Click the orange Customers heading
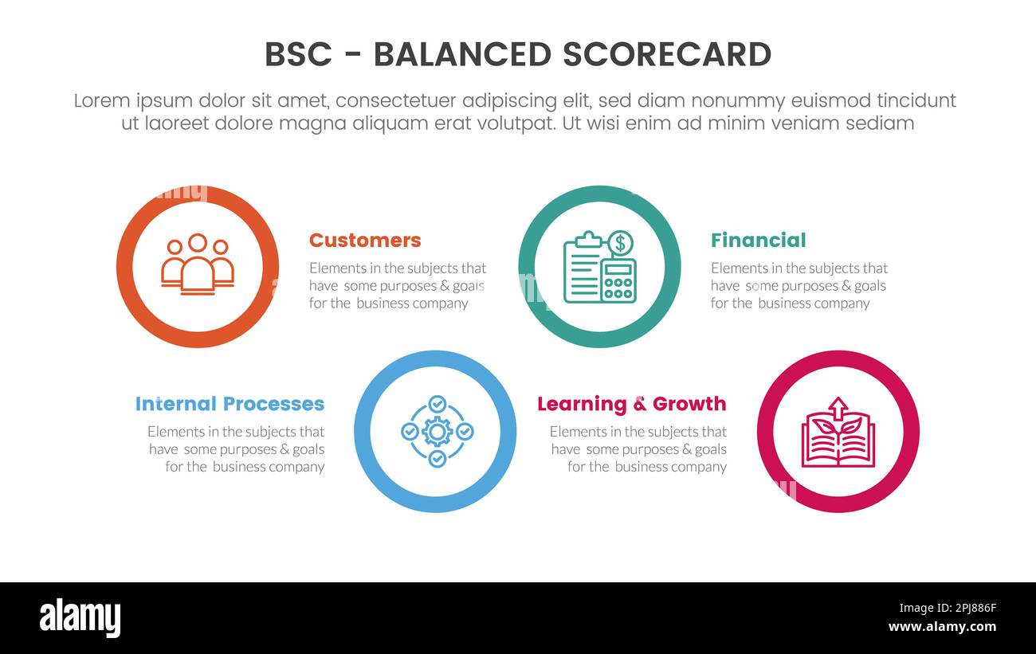click(364, 241)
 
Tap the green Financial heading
click(758, 241)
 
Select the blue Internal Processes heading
click(230, 404)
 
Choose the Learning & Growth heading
click(631, 404)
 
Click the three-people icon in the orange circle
click(198, 265)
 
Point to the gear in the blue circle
click(437, 432)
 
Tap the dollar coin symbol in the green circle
click(619, 243)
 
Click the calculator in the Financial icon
click(618, 280)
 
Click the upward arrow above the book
click(838, 408)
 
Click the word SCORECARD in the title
click(666, 55)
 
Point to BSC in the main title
click(297, 55)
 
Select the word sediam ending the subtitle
click(878, 123)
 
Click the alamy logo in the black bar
click(80, 618)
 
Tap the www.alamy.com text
click(942, 627)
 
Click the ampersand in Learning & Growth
click(639, 405)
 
